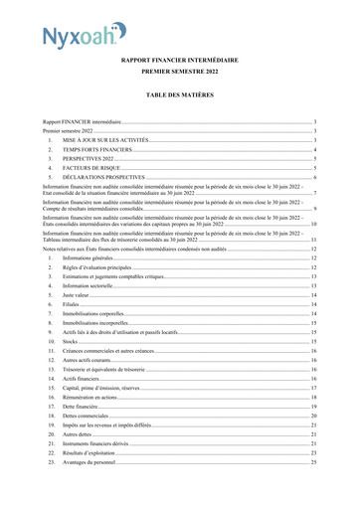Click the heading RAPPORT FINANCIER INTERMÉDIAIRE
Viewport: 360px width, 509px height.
(x=180, y=61)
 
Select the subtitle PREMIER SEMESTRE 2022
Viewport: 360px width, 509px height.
(x=180, y=74)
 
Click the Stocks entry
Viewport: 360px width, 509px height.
(x=71, y=341)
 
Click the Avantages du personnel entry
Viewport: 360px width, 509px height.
(x=92, y=462)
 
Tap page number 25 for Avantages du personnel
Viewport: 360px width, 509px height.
(x=313, y=462)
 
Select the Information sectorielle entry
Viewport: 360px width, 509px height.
(x=90, y=285)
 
